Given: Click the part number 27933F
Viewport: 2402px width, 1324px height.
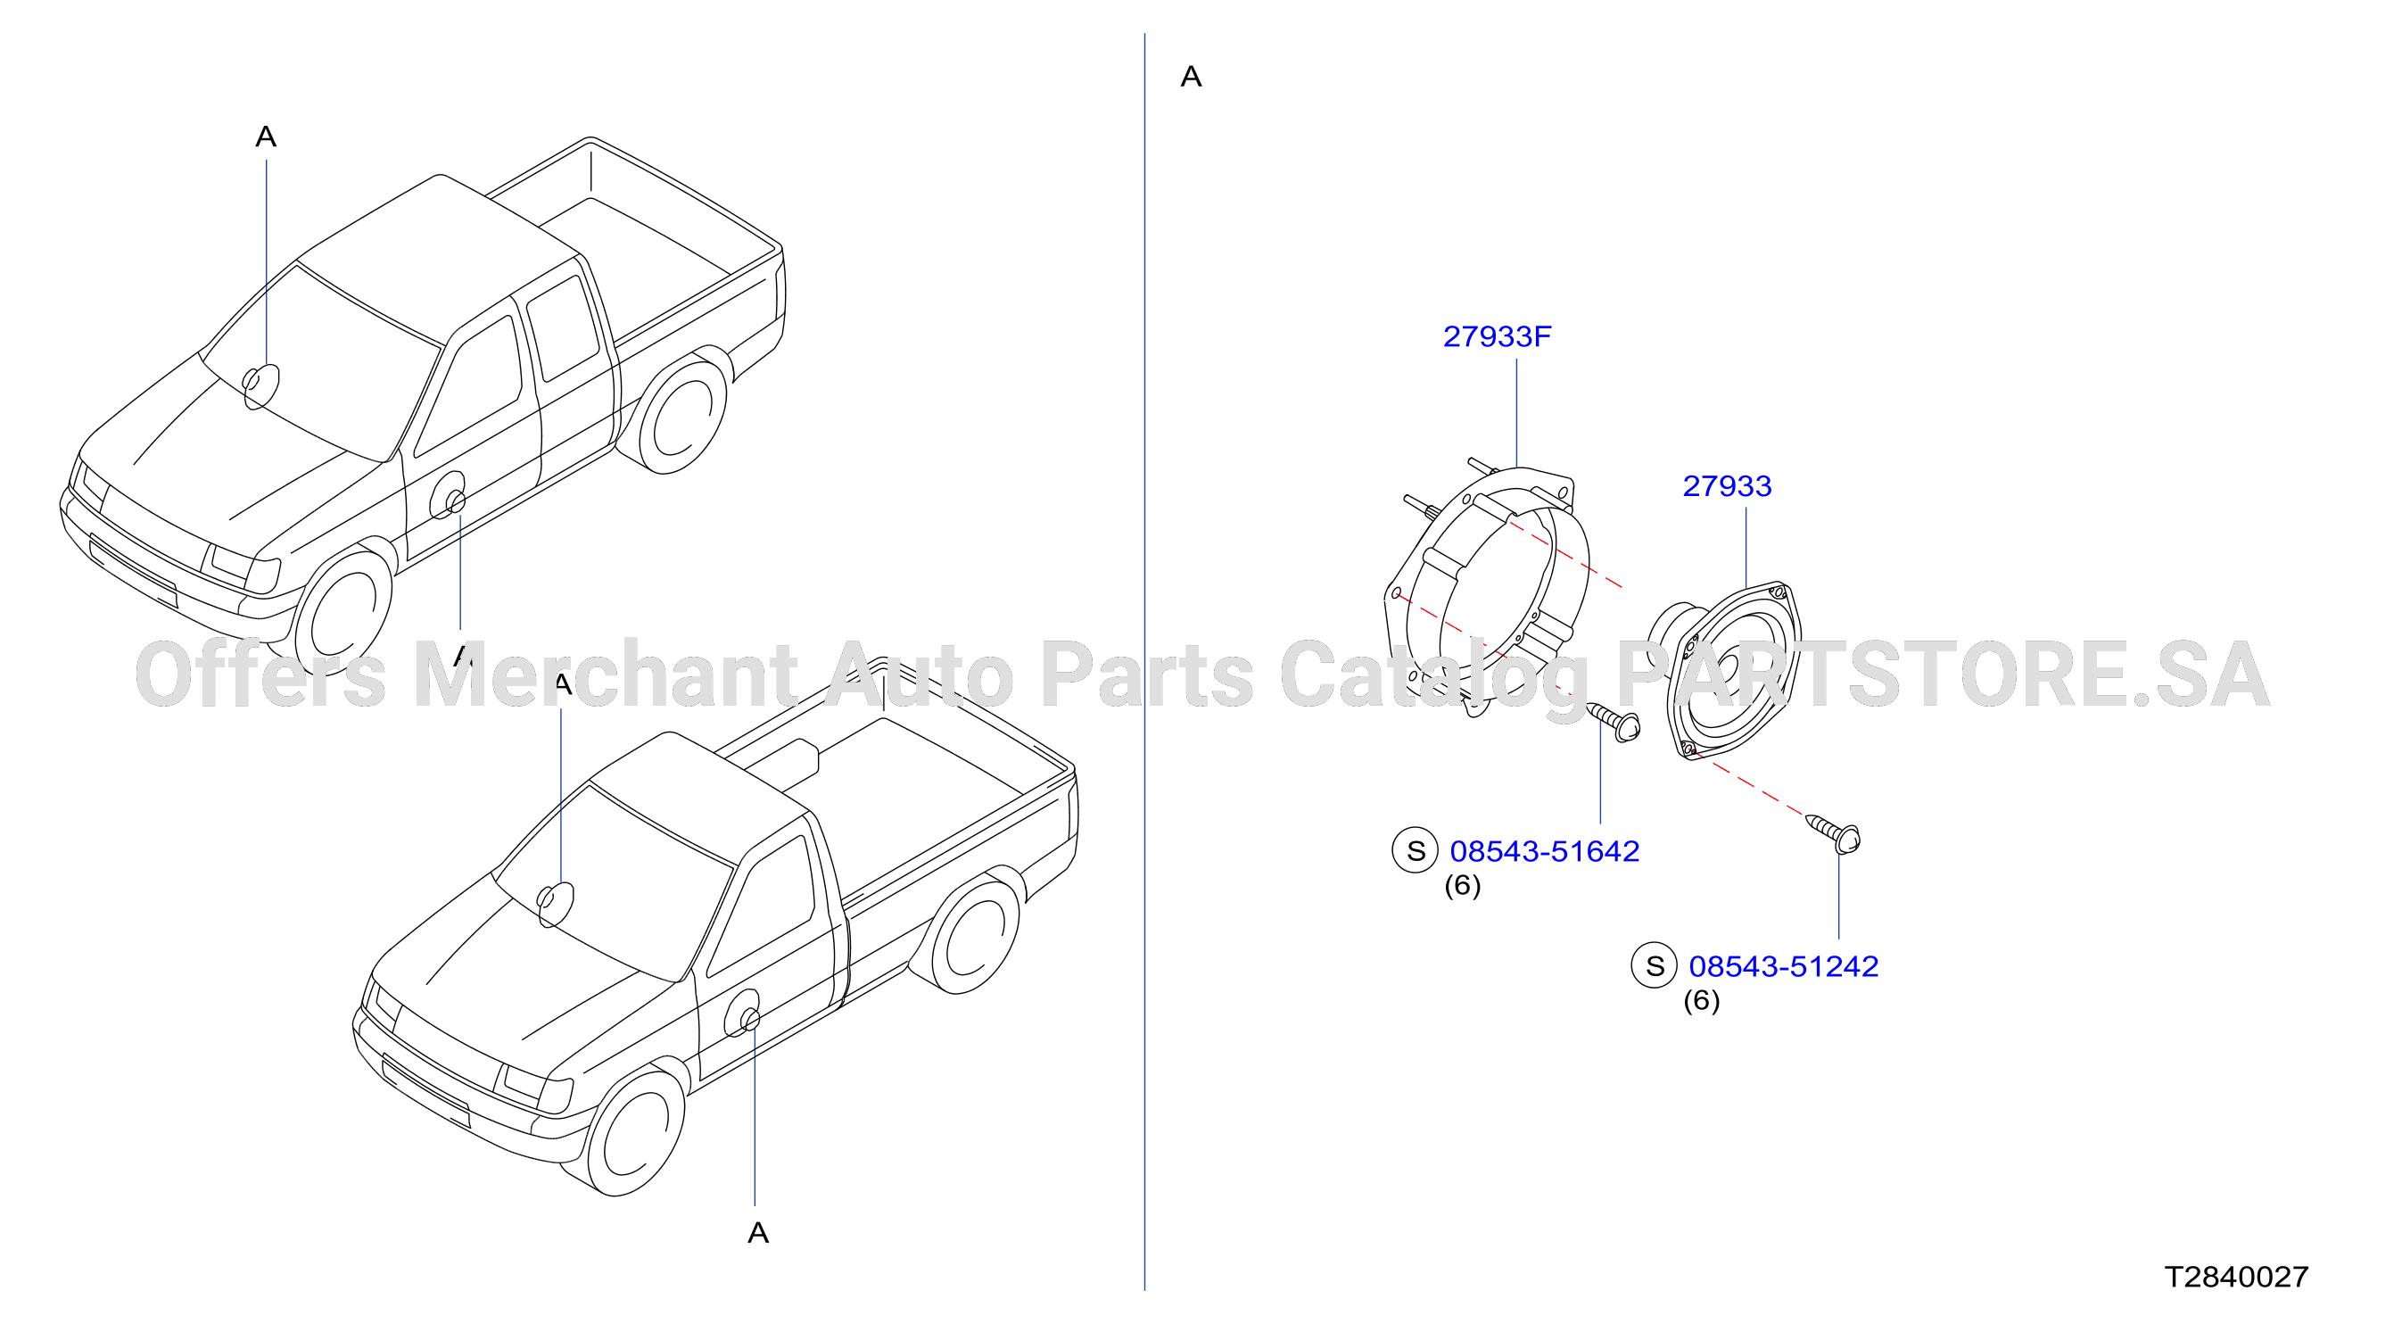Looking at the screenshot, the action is [1497, 336].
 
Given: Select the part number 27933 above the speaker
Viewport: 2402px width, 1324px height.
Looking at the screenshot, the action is [1727, 485].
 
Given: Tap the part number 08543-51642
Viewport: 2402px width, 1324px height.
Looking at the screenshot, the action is [1544, 851].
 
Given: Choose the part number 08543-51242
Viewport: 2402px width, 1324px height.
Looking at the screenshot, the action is [1783, 967].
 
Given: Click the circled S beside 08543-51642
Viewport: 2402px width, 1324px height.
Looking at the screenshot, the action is [1416, 850].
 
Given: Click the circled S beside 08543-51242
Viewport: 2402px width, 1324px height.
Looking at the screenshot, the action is [1655, 966].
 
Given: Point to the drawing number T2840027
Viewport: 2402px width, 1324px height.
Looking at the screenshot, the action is [2236, 1277].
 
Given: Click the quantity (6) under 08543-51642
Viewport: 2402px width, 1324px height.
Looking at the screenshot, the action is [1462, 886].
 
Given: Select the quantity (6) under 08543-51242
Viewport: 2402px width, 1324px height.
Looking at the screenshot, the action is [1701, 1001].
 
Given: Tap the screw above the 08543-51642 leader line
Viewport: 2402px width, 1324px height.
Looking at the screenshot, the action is [1614, 722].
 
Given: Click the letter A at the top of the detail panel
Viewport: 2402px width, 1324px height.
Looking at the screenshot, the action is [1191, 77].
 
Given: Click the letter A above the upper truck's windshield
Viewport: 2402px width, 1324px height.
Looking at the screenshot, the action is [266, 137].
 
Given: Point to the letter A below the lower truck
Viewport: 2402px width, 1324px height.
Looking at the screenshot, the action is [758, 1234].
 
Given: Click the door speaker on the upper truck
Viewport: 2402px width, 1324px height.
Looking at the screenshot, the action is [449, 496].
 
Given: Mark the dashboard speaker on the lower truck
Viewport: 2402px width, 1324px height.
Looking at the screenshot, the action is [555, 904].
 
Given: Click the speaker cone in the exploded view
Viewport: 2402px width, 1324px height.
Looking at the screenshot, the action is [1726, 669].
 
